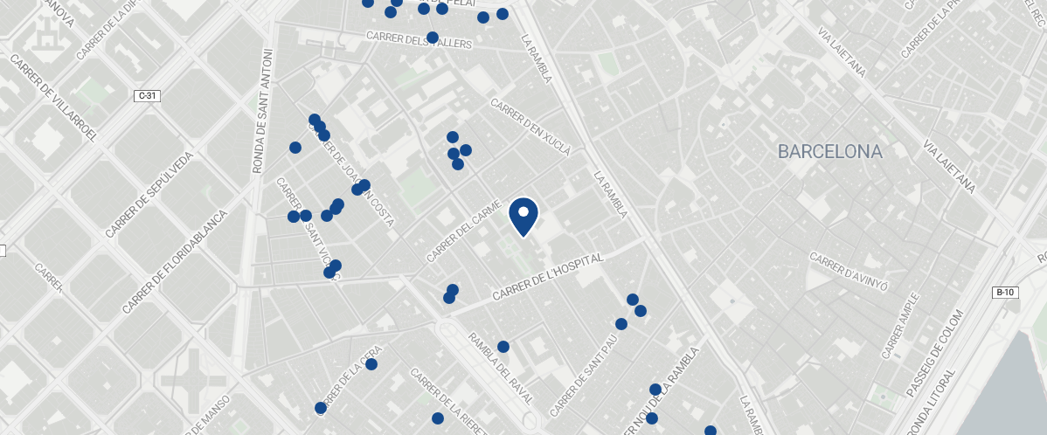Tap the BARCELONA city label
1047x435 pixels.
(x=829, y=152)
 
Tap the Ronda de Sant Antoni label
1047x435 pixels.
(x=262, y=111)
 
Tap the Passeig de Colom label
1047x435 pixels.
(x=946, y=353)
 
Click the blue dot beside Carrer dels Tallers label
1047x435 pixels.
(x=433, y=37)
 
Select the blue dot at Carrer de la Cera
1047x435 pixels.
(x=371, y=364)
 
